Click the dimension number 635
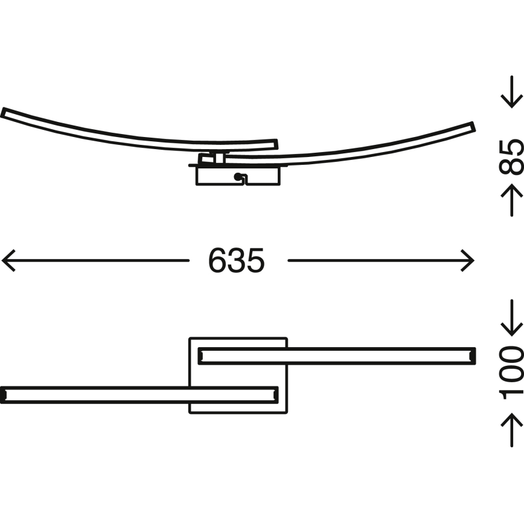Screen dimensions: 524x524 pos(236,260)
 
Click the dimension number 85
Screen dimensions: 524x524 pos(511,157)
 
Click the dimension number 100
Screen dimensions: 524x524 pos(511,373)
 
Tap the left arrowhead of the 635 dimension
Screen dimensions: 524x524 pos(8,260)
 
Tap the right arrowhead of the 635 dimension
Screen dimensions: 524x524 pos(467,260)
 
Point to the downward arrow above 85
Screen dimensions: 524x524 pos(512,92)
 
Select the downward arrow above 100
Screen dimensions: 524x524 pos(512,318)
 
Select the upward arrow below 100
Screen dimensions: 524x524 pos(512,430)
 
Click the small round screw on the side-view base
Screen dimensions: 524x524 pos(238,177)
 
